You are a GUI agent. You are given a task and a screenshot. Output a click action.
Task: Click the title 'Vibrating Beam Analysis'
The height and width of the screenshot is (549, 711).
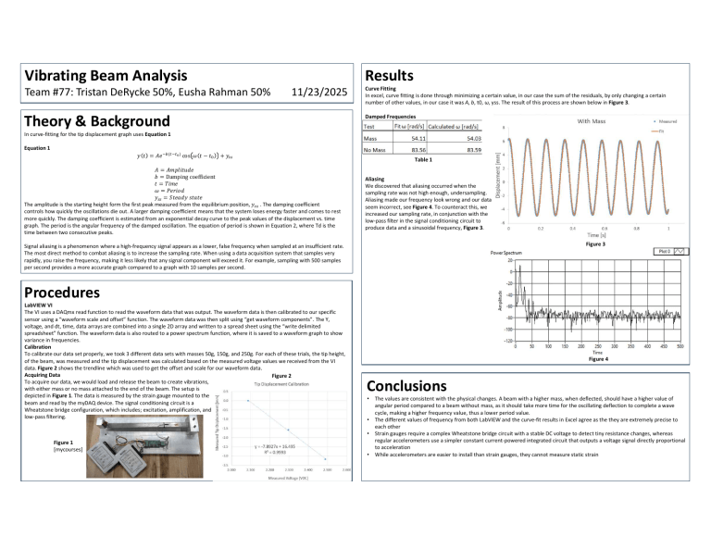100,73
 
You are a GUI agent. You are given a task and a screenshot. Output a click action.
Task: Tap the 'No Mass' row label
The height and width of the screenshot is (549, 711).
376,149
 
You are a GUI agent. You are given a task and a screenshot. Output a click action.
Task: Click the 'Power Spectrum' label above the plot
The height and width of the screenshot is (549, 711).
509,252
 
